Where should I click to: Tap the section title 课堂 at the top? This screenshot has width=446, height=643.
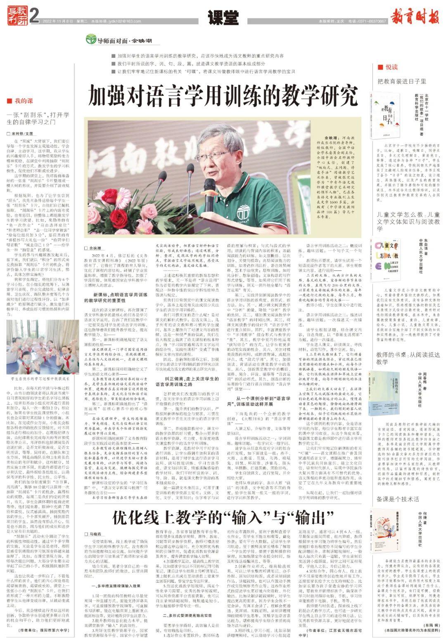223,17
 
